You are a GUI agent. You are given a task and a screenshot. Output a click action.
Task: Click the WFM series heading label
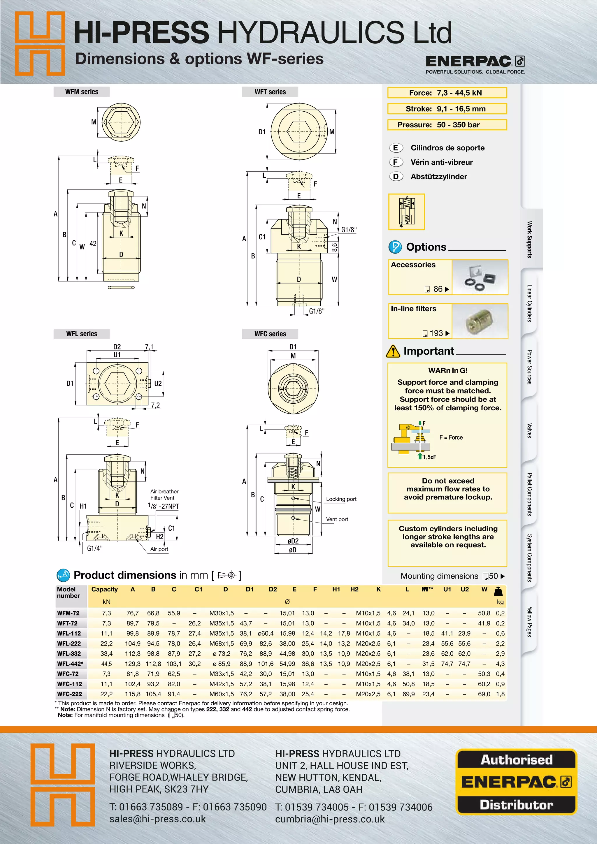(x=82, y=92)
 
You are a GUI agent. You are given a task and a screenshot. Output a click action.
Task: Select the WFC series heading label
(x=270, y=334)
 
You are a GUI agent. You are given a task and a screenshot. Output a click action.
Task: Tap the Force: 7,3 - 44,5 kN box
(x=447, y=93)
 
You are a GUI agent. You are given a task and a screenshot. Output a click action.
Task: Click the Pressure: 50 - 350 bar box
(x=447, y=125)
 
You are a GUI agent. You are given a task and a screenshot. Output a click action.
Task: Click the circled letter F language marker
(x=396, y=162)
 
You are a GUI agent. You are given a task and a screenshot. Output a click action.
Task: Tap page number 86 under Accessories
(x=438, y=289)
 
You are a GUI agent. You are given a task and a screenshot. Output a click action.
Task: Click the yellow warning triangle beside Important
(x=393, y=351)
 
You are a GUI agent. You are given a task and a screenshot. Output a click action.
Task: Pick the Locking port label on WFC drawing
(x=341, y=499)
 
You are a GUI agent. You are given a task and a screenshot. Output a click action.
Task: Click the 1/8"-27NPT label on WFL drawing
(x=164, y=506)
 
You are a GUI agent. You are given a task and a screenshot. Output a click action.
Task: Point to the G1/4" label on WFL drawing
(x=95, y=548)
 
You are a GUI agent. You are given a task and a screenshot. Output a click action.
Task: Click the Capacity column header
(x=104, y=589)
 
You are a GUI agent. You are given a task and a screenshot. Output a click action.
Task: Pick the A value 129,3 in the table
(x=133, y=664)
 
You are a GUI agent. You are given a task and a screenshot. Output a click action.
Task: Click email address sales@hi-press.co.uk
(x=157, y=819)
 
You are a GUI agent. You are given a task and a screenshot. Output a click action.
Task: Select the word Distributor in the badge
(x=516, y=805)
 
